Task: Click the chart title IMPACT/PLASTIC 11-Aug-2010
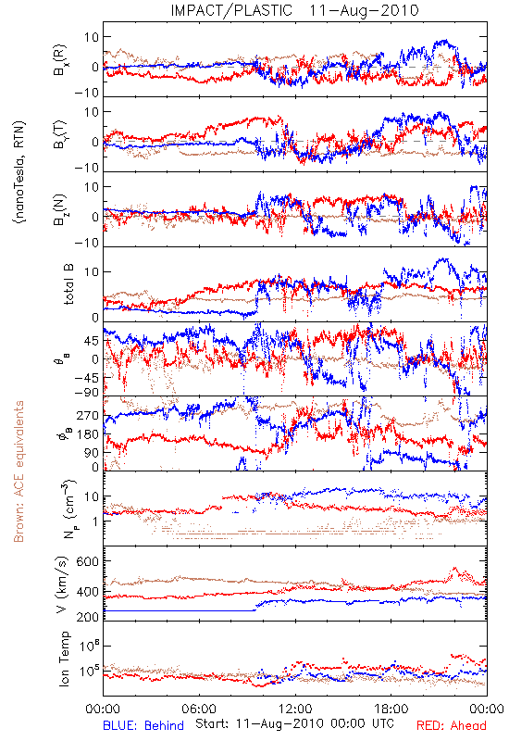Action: [x=294, y=10]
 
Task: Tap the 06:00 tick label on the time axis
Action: [x=199, y=709]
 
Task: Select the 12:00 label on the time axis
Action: [x=295, y=709]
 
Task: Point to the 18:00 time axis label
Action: [x=391, y=709]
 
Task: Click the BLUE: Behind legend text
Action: [x=143, y=725]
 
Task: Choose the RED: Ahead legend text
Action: [x=452, y=725]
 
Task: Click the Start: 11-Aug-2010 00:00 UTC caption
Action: [x=294, y=723]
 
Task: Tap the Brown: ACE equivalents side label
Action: [x=19, y=471]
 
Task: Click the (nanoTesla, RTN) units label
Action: [x=19, y=172]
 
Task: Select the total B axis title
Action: [x=68, y=284]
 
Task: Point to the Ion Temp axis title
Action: [x=64, y=659]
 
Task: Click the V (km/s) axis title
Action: [x=63, y=584]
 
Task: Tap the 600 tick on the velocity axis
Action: [x=87, y=561]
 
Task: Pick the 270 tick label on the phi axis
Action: [x=88, y=416]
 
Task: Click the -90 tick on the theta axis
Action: [x=86, y=393]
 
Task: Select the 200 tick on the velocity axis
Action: [x=87, y=616]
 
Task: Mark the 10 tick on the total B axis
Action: [x=92, y=272]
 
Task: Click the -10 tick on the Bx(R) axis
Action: [x=86, y=94]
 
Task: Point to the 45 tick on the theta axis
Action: [x=92, y=341]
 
